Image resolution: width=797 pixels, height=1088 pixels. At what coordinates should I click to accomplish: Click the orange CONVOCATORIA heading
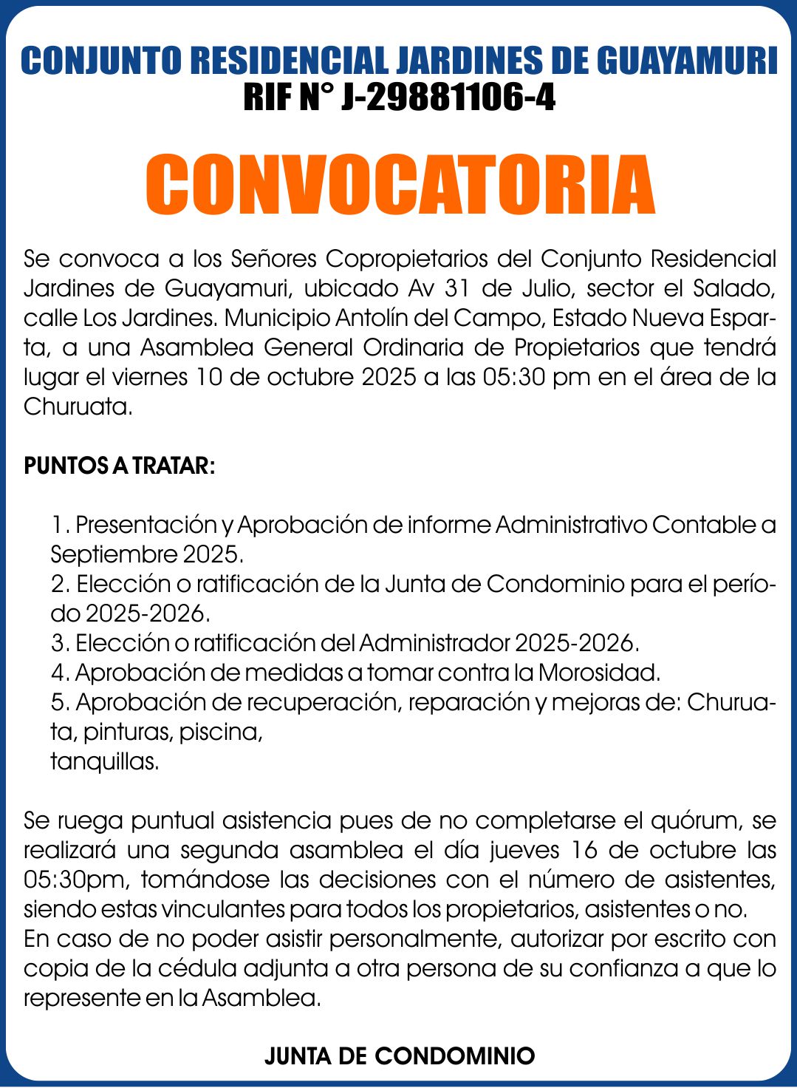[400, 184]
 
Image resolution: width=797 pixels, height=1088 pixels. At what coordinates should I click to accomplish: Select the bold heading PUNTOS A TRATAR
[120, 466]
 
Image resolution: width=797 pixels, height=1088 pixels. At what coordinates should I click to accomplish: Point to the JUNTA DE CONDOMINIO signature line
[400, 1055]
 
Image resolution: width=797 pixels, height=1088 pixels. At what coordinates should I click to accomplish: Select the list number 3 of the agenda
[58, 643]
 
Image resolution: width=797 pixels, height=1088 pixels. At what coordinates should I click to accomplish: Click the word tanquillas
[105, 761]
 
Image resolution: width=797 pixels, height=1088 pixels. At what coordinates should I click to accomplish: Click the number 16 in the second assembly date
[584, 850]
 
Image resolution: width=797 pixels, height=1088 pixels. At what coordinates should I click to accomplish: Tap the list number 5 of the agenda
[58, 702]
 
